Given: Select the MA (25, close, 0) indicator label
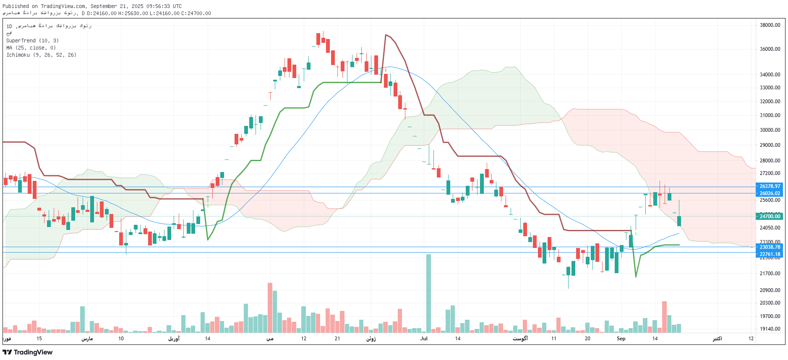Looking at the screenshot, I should click(31, 48).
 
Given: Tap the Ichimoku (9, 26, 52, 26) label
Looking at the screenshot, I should click(41, 55).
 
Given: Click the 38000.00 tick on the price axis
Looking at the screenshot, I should click(770, 25).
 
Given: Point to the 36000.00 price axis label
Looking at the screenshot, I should click(770, 49).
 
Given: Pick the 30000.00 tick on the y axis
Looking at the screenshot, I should click(770, 130).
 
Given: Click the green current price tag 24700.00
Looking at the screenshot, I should click(770, 217).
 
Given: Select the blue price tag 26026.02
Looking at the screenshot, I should click(770, 193).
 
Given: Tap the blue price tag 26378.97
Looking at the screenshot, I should click(770, 186).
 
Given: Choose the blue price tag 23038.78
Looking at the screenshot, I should click(770, 247).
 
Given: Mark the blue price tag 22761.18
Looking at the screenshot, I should click(770, 254).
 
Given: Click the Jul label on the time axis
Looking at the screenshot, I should click(424, 339).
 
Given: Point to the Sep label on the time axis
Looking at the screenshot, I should click(621, 339).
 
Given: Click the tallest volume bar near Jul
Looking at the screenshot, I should click(428, 294).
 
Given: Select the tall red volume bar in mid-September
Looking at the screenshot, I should click(664, 317).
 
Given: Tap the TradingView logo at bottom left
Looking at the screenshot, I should click(28, 352).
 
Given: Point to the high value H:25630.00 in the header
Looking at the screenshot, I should click(133, 13).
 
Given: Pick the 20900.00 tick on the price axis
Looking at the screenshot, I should click(770, 290).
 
